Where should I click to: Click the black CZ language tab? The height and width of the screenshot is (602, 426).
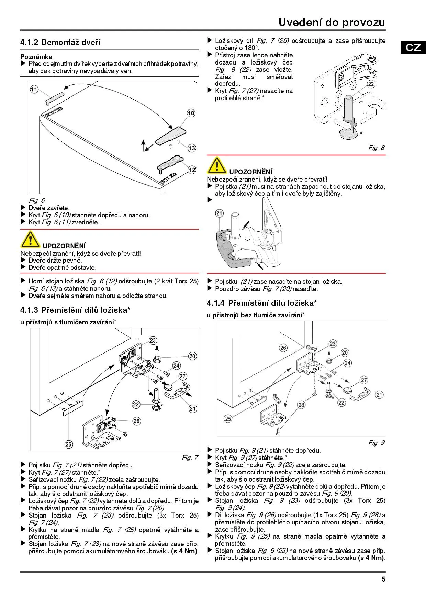413,47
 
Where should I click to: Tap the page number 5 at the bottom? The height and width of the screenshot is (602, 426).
383,579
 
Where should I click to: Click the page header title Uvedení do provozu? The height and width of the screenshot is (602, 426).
332,22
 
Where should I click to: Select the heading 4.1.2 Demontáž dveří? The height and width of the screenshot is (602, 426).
60,43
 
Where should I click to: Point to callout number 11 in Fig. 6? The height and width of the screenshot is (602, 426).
34,90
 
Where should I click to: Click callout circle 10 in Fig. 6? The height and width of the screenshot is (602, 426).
191,113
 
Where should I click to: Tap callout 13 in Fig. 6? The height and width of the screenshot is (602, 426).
192,148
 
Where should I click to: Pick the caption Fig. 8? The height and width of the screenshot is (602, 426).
376,148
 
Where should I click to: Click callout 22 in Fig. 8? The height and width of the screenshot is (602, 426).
371,84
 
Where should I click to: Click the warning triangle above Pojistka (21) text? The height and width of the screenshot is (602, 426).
217,165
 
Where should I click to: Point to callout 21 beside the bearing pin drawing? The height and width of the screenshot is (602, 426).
219,213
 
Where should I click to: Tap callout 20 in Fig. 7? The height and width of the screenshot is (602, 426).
192,356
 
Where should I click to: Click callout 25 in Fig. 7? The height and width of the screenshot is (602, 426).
69,444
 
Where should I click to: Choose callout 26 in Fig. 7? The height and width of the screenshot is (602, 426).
137,421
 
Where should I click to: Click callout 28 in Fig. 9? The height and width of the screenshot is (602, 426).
301,405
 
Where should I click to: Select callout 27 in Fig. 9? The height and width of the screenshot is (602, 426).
364,380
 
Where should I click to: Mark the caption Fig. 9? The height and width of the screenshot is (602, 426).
376,443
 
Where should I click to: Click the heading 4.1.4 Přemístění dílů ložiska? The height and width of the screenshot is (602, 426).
262,303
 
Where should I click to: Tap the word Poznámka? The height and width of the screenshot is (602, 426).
36,57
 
